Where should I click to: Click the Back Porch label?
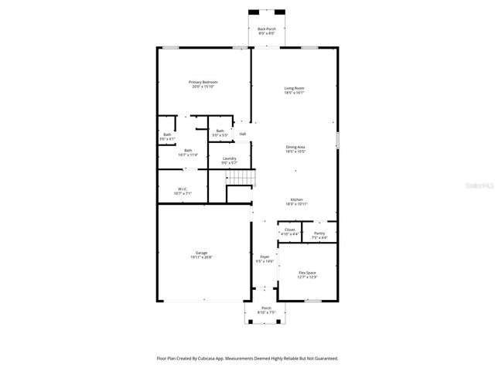tap(266, 31)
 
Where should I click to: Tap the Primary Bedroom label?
tap(204, 84)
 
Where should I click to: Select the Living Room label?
tap(294, 90)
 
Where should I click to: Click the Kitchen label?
tap(296, 202)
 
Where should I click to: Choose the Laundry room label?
tap(229, 161)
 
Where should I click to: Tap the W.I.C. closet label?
tap(183, 190)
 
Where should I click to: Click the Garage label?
tap(201, 254)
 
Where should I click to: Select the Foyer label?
tap(265, 259)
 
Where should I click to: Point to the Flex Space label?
tap(307, 274)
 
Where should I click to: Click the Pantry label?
tap(319, 234)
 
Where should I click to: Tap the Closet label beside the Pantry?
tap(289, 231)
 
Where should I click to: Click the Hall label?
tap(242, 134)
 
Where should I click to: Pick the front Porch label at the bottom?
tap(266, 310)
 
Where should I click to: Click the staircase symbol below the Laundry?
tap(240, 179)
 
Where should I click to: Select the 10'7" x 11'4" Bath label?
tap(188, 153)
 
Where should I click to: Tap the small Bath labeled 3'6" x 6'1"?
tap(167, 137)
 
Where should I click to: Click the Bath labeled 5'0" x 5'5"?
tap(220, 133)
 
